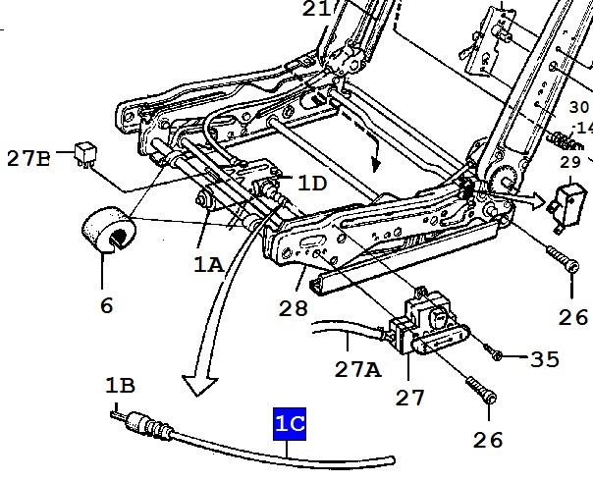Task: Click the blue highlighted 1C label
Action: pos(290,424)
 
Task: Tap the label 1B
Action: pos(120,385)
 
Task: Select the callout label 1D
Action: pos(312,184)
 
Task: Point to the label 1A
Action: pos(209,264)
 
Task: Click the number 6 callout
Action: pos(107,305)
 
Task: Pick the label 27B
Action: pos(28,158)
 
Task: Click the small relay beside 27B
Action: pos(85,154)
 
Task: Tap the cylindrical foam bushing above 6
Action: pos(109,229)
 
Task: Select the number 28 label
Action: pos(294,308)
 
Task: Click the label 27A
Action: pos(358,369)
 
